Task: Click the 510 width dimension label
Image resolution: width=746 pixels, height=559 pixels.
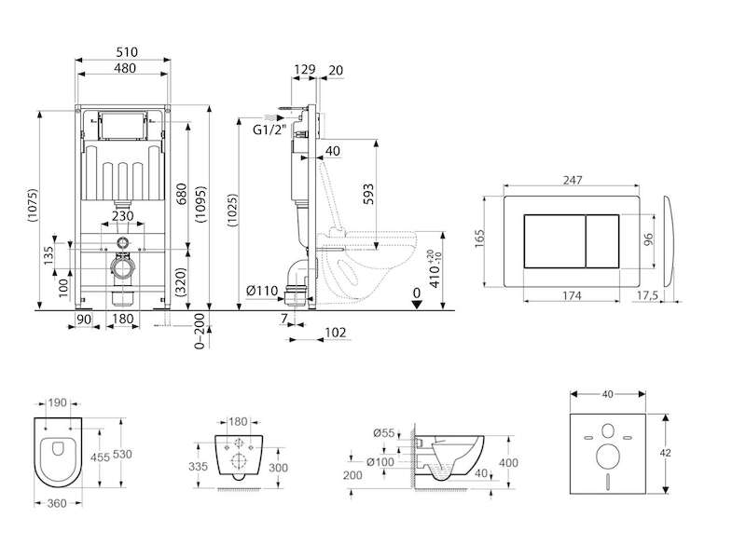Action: click(127, 52)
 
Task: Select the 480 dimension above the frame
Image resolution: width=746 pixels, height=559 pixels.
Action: click(125, 68)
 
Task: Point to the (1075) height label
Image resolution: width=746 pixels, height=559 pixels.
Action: click(32, 205)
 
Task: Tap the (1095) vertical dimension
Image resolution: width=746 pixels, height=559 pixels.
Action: click(200, 204)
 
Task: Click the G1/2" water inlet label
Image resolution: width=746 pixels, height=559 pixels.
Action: click(269, 130)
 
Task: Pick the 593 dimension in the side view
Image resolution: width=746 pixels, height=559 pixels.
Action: click(368, 194)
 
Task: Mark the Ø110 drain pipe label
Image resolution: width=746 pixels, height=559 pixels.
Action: click(262, 290)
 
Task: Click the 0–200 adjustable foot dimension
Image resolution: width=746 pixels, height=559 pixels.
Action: click(200, 331)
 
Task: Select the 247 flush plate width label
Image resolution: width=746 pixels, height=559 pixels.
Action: click(573, 180)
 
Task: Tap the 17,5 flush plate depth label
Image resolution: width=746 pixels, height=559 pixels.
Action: click(647, 295)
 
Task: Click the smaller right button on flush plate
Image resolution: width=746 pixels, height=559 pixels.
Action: click(602, 241)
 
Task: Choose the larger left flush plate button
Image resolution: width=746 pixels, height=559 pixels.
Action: click(555, 241)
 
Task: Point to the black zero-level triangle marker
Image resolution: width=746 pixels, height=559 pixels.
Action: click(417, 305)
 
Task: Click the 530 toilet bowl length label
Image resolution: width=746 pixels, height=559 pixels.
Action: click(122, 454)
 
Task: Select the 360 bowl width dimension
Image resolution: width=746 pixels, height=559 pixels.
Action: click(57, 503)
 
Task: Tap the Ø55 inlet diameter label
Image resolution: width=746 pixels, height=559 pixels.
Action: click(384, 432)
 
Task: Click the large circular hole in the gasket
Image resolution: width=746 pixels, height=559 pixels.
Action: click(608, 457)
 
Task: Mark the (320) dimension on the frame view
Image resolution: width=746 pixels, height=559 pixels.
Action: click(180, 282)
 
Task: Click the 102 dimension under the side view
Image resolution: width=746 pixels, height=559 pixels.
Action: click(336, 333)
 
